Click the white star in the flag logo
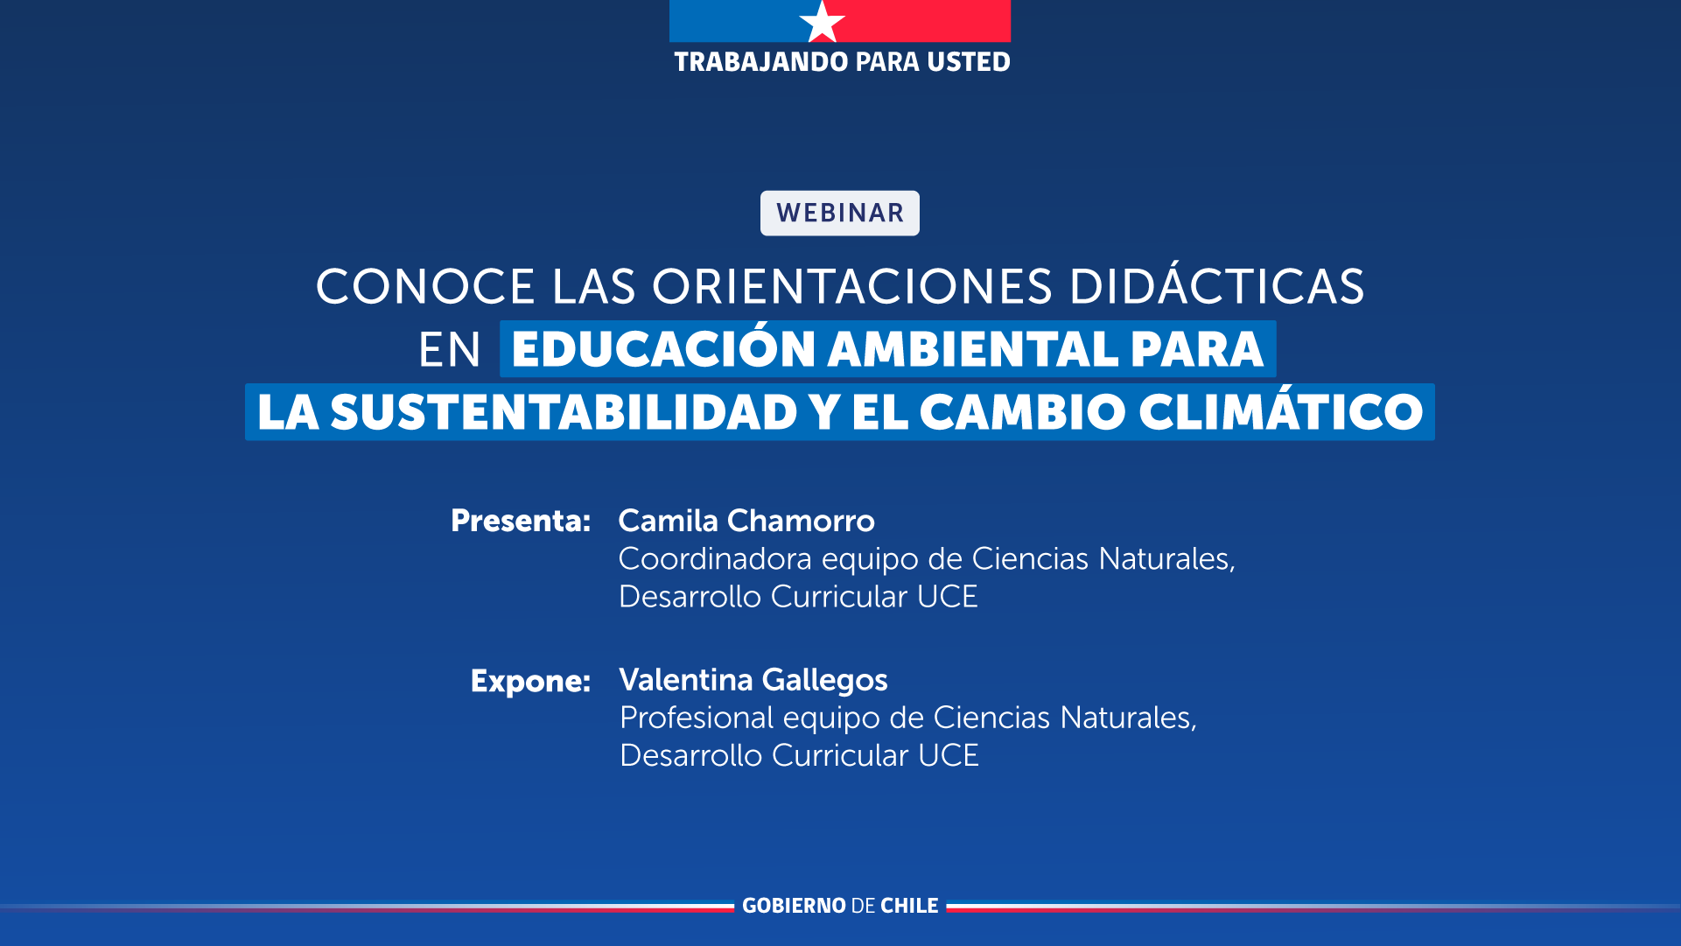822,21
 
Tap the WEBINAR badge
840,213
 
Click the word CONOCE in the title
425,286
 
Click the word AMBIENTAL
973,349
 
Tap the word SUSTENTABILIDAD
564,412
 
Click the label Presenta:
521,521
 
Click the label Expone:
530,681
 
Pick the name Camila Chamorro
746,521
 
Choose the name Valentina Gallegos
753,680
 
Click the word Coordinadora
715,558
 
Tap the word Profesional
697,718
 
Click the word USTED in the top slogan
969,62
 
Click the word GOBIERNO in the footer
794,906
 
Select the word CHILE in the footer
909,906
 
